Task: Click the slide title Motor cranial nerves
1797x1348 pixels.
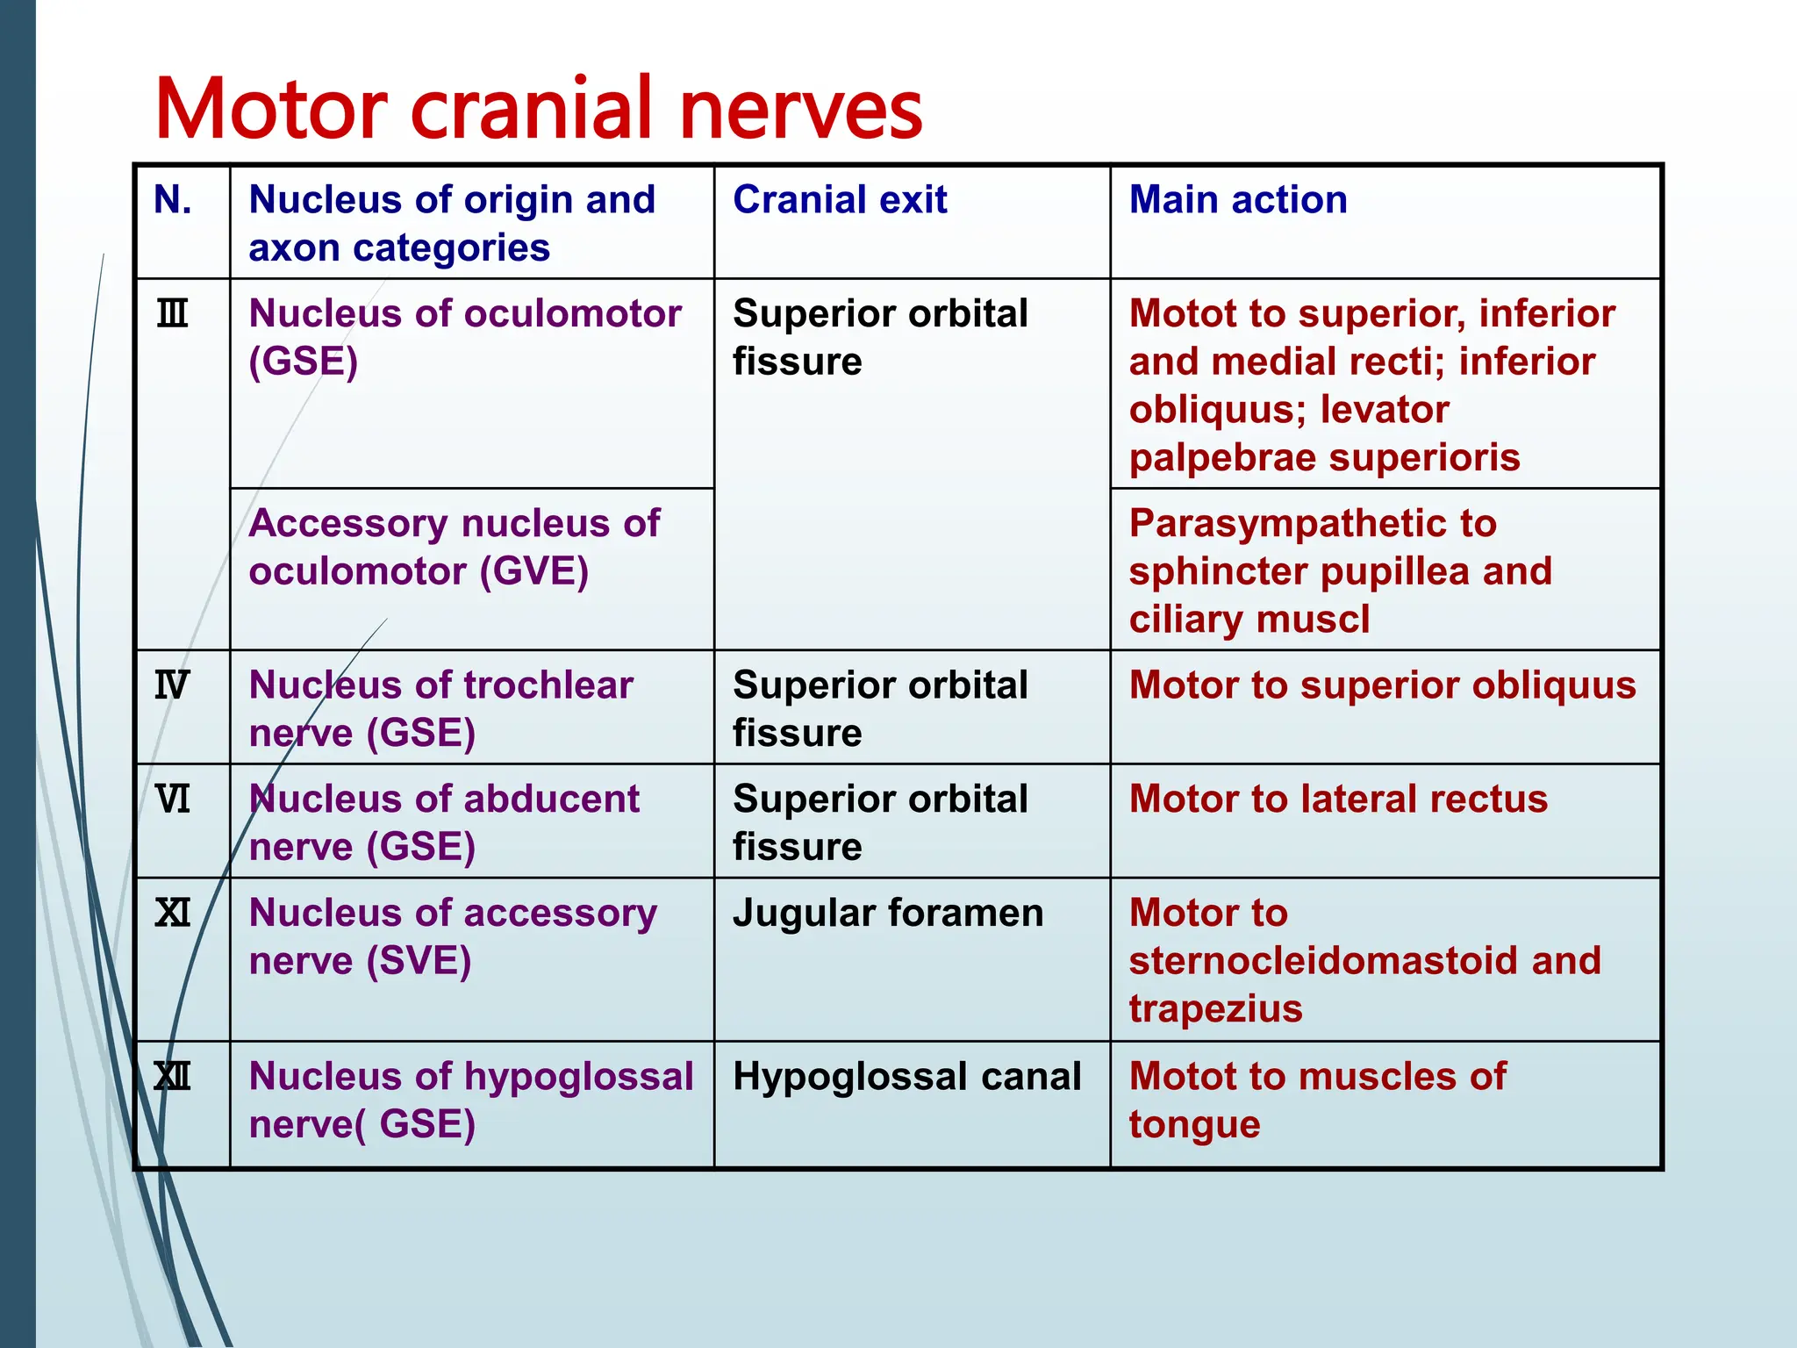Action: (x=539, y=109)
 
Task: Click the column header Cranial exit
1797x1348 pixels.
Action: (x=840, y=200)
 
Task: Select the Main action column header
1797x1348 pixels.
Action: (x=1238, y=200)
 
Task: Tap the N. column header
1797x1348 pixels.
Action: (x=173, y=200)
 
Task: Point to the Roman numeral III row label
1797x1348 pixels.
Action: (x=172, y=313)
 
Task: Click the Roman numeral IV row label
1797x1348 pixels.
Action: (x=172, y=685)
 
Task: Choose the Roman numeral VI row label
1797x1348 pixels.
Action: (x=172, y=799)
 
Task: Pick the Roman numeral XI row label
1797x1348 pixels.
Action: (x=172, y=914)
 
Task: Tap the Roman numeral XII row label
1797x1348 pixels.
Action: (x=172, y=1077)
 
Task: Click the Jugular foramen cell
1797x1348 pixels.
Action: (x=888, y=914)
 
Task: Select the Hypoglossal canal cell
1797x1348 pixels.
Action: (x=906, y=1077)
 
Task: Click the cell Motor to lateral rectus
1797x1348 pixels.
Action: (x=1338, y=799)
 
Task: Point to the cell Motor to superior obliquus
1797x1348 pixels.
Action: (x=1382, y=685)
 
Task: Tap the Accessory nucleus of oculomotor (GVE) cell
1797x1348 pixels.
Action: (x=455, y=548)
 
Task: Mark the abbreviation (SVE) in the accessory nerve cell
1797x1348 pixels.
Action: (x=419, y=961)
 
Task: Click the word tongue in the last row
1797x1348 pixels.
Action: (x=1194, y=1124)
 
